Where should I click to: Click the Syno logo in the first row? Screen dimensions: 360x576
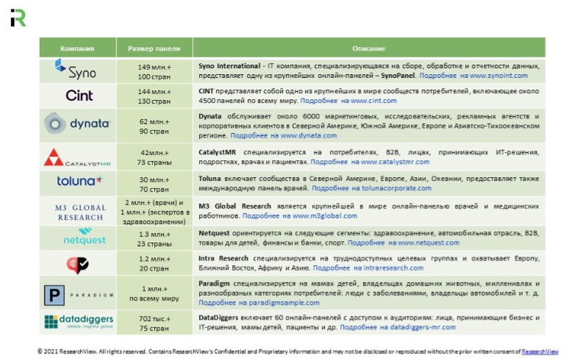(x=76, y=71)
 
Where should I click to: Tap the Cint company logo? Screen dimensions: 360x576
(x=79, y=96)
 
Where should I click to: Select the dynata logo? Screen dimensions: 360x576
(x=76, y=123)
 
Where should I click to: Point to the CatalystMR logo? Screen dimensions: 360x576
(x=76, y=157)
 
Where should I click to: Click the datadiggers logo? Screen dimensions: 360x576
(x=77, y=322)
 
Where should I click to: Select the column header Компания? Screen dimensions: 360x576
(x=77, y=48)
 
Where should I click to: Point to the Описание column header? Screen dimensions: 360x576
(x=368, y=48)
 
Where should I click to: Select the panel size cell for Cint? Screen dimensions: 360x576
(x=154, y=96)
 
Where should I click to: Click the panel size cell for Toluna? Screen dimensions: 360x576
(x=154, y=184)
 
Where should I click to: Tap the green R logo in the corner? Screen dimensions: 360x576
(x=18, y=18)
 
